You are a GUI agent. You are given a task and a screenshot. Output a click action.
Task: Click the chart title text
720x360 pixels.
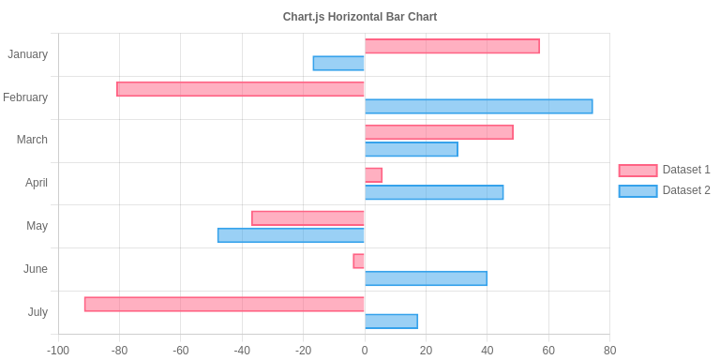click(x=360, y=17)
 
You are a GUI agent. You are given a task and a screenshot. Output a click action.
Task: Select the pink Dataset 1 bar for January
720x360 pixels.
click(x=452, y=46)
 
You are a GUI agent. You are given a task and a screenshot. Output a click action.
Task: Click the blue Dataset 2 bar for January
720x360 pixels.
click(x=338, y=63)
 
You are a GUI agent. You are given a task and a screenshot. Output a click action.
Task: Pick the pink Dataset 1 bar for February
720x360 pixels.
click(x=240, y=89)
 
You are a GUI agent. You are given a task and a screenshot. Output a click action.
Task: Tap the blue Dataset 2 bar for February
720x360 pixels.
click(x=478, y=106)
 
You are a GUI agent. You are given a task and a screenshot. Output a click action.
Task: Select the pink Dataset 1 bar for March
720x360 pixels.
click(x=439, y=132)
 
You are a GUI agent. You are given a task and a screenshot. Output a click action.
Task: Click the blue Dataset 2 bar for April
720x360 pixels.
click(x=434, y=192)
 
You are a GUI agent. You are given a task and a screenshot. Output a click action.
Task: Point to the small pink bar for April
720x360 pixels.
click(x=373, y=175)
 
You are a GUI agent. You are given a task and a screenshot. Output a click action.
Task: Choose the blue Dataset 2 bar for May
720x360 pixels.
click(x=291, y=235)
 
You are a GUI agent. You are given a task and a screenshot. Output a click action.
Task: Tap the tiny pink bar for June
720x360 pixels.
click(x=359, y=261)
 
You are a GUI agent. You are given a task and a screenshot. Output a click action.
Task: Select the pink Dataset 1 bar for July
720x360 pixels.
click(x=224, y=304)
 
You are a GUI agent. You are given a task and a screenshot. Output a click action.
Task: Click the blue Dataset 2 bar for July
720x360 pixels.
click(x=391, y=322)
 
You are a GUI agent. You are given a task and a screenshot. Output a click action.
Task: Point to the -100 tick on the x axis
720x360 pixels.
click(x=58, y=351)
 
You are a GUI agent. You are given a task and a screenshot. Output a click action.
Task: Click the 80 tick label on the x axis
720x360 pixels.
click(x=609, y=351)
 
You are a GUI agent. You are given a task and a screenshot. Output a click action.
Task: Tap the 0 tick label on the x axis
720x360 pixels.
click(x=365, y=351)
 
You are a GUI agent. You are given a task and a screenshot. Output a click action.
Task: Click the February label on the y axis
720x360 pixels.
click(x=25, y=97)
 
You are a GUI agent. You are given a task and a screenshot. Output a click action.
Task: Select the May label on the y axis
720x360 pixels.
click(x=37, y=226)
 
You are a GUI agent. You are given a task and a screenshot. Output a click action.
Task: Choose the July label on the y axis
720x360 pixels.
click(x=37, y=312)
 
